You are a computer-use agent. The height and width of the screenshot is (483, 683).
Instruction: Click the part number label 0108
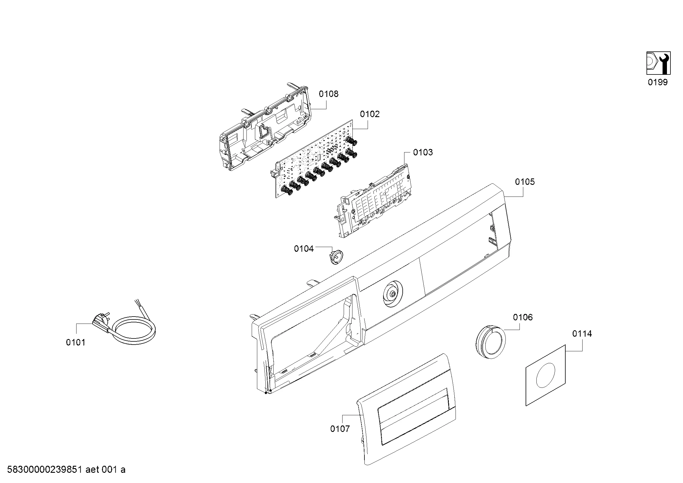point(329,94)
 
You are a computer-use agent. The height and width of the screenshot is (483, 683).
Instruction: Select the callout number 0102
point(370,114)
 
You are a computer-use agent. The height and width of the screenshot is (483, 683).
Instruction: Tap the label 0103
point(423,152)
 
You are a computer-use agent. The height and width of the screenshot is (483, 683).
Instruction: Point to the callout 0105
point(525,182)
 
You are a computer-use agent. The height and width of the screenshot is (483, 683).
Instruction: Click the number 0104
point(304,249)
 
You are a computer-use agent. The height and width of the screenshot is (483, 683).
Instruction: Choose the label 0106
point(523,317)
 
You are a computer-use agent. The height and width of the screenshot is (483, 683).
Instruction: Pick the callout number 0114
point(582,334)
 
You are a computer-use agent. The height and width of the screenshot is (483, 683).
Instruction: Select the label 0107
point(340,429)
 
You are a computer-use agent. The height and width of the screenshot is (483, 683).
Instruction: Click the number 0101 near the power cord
point(76,343)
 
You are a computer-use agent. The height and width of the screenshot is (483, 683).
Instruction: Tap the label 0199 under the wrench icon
point(658,82)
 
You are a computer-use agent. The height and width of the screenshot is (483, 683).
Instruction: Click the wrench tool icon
point(658,63)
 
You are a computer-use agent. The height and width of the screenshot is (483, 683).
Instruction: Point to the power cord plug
point(101,321)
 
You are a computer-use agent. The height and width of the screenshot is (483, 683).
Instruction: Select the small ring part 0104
point(336,257)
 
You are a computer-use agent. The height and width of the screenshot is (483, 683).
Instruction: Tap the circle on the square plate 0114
point(545,375)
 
